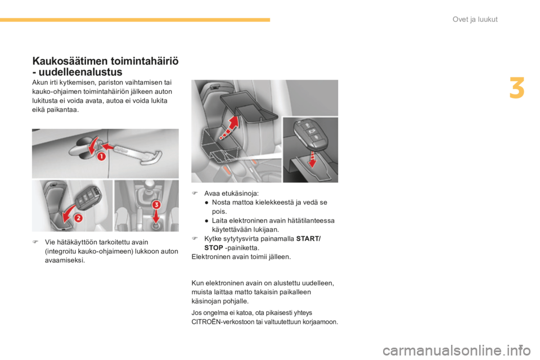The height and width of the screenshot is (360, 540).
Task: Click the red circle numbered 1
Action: point(101,157)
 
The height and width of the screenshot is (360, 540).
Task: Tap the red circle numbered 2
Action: point(79,218)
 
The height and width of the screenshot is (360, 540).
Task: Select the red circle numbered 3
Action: point(156,205)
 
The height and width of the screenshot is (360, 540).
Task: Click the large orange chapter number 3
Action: point(517,88)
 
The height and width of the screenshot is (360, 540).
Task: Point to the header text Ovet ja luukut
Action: point(475,19)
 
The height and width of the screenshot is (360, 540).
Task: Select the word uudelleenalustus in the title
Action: point(80,72)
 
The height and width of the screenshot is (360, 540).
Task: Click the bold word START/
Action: point(308,238)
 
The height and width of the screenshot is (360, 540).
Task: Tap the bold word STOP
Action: point(214,247)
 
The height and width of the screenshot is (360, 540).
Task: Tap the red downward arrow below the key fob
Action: point(312,159)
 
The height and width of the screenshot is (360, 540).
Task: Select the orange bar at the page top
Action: point(135,20)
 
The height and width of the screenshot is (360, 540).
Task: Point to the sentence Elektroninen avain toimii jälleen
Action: point(241,256)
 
